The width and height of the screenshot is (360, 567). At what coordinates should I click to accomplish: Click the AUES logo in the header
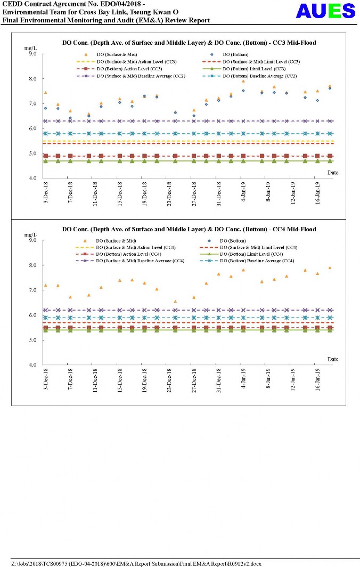click(x=325, y=11)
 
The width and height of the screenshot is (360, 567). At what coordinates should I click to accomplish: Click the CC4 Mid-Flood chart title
click(x=189, y=229)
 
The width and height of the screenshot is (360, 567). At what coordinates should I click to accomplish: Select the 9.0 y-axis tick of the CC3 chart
click(x=32, y=54)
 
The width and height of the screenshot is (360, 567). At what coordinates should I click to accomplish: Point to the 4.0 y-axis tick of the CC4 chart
click(x=32, y=365)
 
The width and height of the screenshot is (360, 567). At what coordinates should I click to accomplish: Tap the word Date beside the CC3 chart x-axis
click(x=332, y=173)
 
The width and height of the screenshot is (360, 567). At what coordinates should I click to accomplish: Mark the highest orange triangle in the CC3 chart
click(x=243, y=81)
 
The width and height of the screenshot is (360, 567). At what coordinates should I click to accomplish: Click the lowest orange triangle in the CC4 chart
click(x=175, y=302)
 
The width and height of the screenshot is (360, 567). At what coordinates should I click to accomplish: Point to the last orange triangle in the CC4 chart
click(x=330, y=268)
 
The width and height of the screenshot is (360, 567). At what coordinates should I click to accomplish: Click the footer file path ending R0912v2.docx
click(x=136, y=563)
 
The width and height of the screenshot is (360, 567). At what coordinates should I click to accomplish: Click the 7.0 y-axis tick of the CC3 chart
click(x=32, y=104)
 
